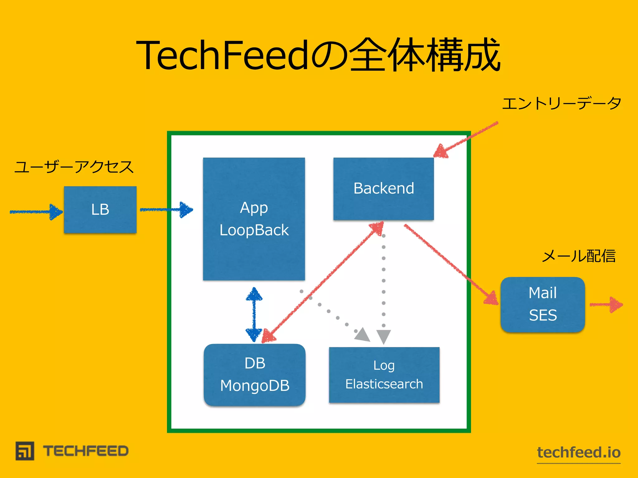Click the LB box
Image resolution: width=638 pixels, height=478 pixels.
coord(100,209)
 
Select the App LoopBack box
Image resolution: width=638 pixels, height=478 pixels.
coord(254,219)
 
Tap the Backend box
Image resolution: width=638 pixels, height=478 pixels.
coord(383,189)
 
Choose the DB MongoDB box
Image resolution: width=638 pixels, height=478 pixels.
coord(255,374)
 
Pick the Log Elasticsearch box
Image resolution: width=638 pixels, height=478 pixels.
coord(384,375)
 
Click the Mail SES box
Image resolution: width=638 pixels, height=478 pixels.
coord(543,304)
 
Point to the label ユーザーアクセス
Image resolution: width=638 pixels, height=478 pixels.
coord(74,167)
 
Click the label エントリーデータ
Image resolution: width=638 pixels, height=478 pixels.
coord(562,104)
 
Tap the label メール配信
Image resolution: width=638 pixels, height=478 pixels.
coord(579,256)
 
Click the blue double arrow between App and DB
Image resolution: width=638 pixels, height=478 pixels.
coord(254,314)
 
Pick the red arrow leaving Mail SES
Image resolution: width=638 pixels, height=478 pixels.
coord(606,305)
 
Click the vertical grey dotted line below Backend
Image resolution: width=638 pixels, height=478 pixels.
coord(383,280)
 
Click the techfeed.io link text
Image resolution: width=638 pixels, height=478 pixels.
coord(579,452)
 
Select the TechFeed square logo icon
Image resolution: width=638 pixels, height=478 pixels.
coord(25,451)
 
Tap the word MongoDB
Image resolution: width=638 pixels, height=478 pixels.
coord(255,386)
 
